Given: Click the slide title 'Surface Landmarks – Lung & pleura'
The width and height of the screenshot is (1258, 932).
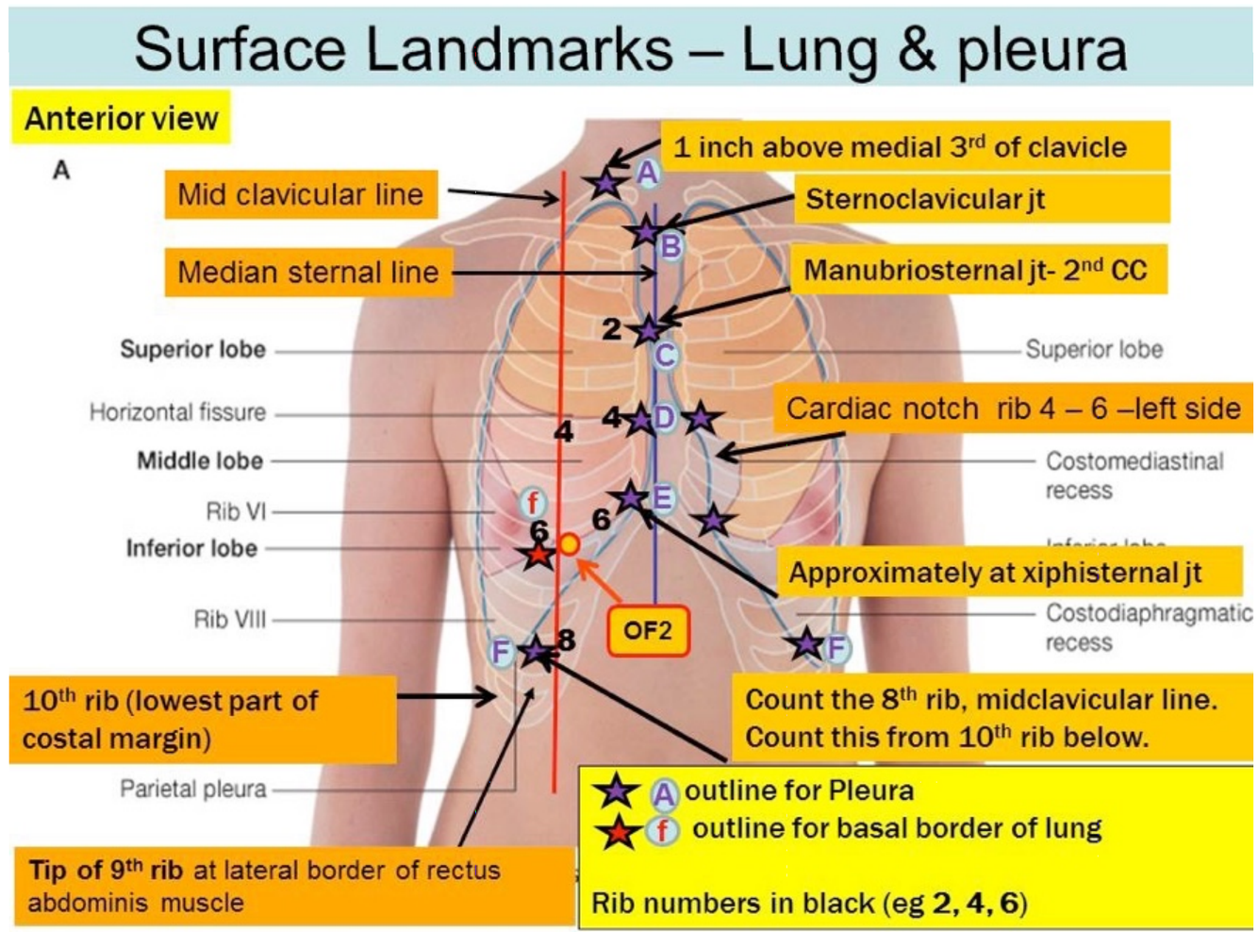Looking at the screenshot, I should [x=630, y=48].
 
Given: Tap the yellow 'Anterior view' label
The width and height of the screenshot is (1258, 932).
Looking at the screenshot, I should [x=121, y=118].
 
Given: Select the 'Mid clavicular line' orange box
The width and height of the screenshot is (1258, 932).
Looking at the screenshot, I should [x=301, y=194].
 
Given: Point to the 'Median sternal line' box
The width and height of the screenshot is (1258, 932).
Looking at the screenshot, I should [x=307, y=272].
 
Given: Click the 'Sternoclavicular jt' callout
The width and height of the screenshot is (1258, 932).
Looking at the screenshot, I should [x=981, y=199].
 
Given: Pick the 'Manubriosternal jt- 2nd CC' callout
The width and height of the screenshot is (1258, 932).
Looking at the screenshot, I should [x=977, y=271].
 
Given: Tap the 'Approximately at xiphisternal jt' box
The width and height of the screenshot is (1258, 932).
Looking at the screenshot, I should [x=995, y=573].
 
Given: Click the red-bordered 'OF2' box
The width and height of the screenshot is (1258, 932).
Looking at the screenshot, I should [x=648, y=630].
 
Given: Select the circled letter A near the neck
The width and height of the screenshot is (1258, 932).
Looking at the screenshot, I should [x=647, y=173].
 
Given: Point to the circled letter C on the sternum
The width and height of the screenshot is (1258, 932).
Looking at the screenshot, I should [x=666, y=356].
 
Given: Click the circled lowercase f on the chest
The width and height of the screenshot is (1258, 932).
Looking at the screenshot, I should [x=533, y=502].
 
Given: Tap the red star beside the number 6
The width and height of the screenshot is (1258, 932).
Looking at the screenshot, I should [x=538, y=555].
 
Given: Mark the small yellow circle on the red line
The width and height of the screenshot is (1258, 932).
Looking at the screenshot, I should [x=569, y=543].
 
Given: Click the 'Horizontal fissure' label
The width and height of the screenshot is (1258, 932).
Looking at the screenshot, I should [x=177, y=412].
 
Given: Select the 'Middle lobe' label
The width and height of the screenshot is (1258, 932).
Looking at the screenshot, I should [x=200, y=460].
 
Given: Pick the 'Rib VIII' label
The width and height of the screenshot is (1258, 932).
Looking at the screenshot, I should [x=230, y=620].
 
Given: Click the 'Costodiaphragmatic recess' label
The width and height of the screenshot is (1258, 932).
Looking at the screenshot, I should [x=1148, y=626].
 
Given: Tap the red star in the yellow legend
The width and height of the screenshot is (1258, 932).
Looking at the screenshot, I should [x=618, y=832].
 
